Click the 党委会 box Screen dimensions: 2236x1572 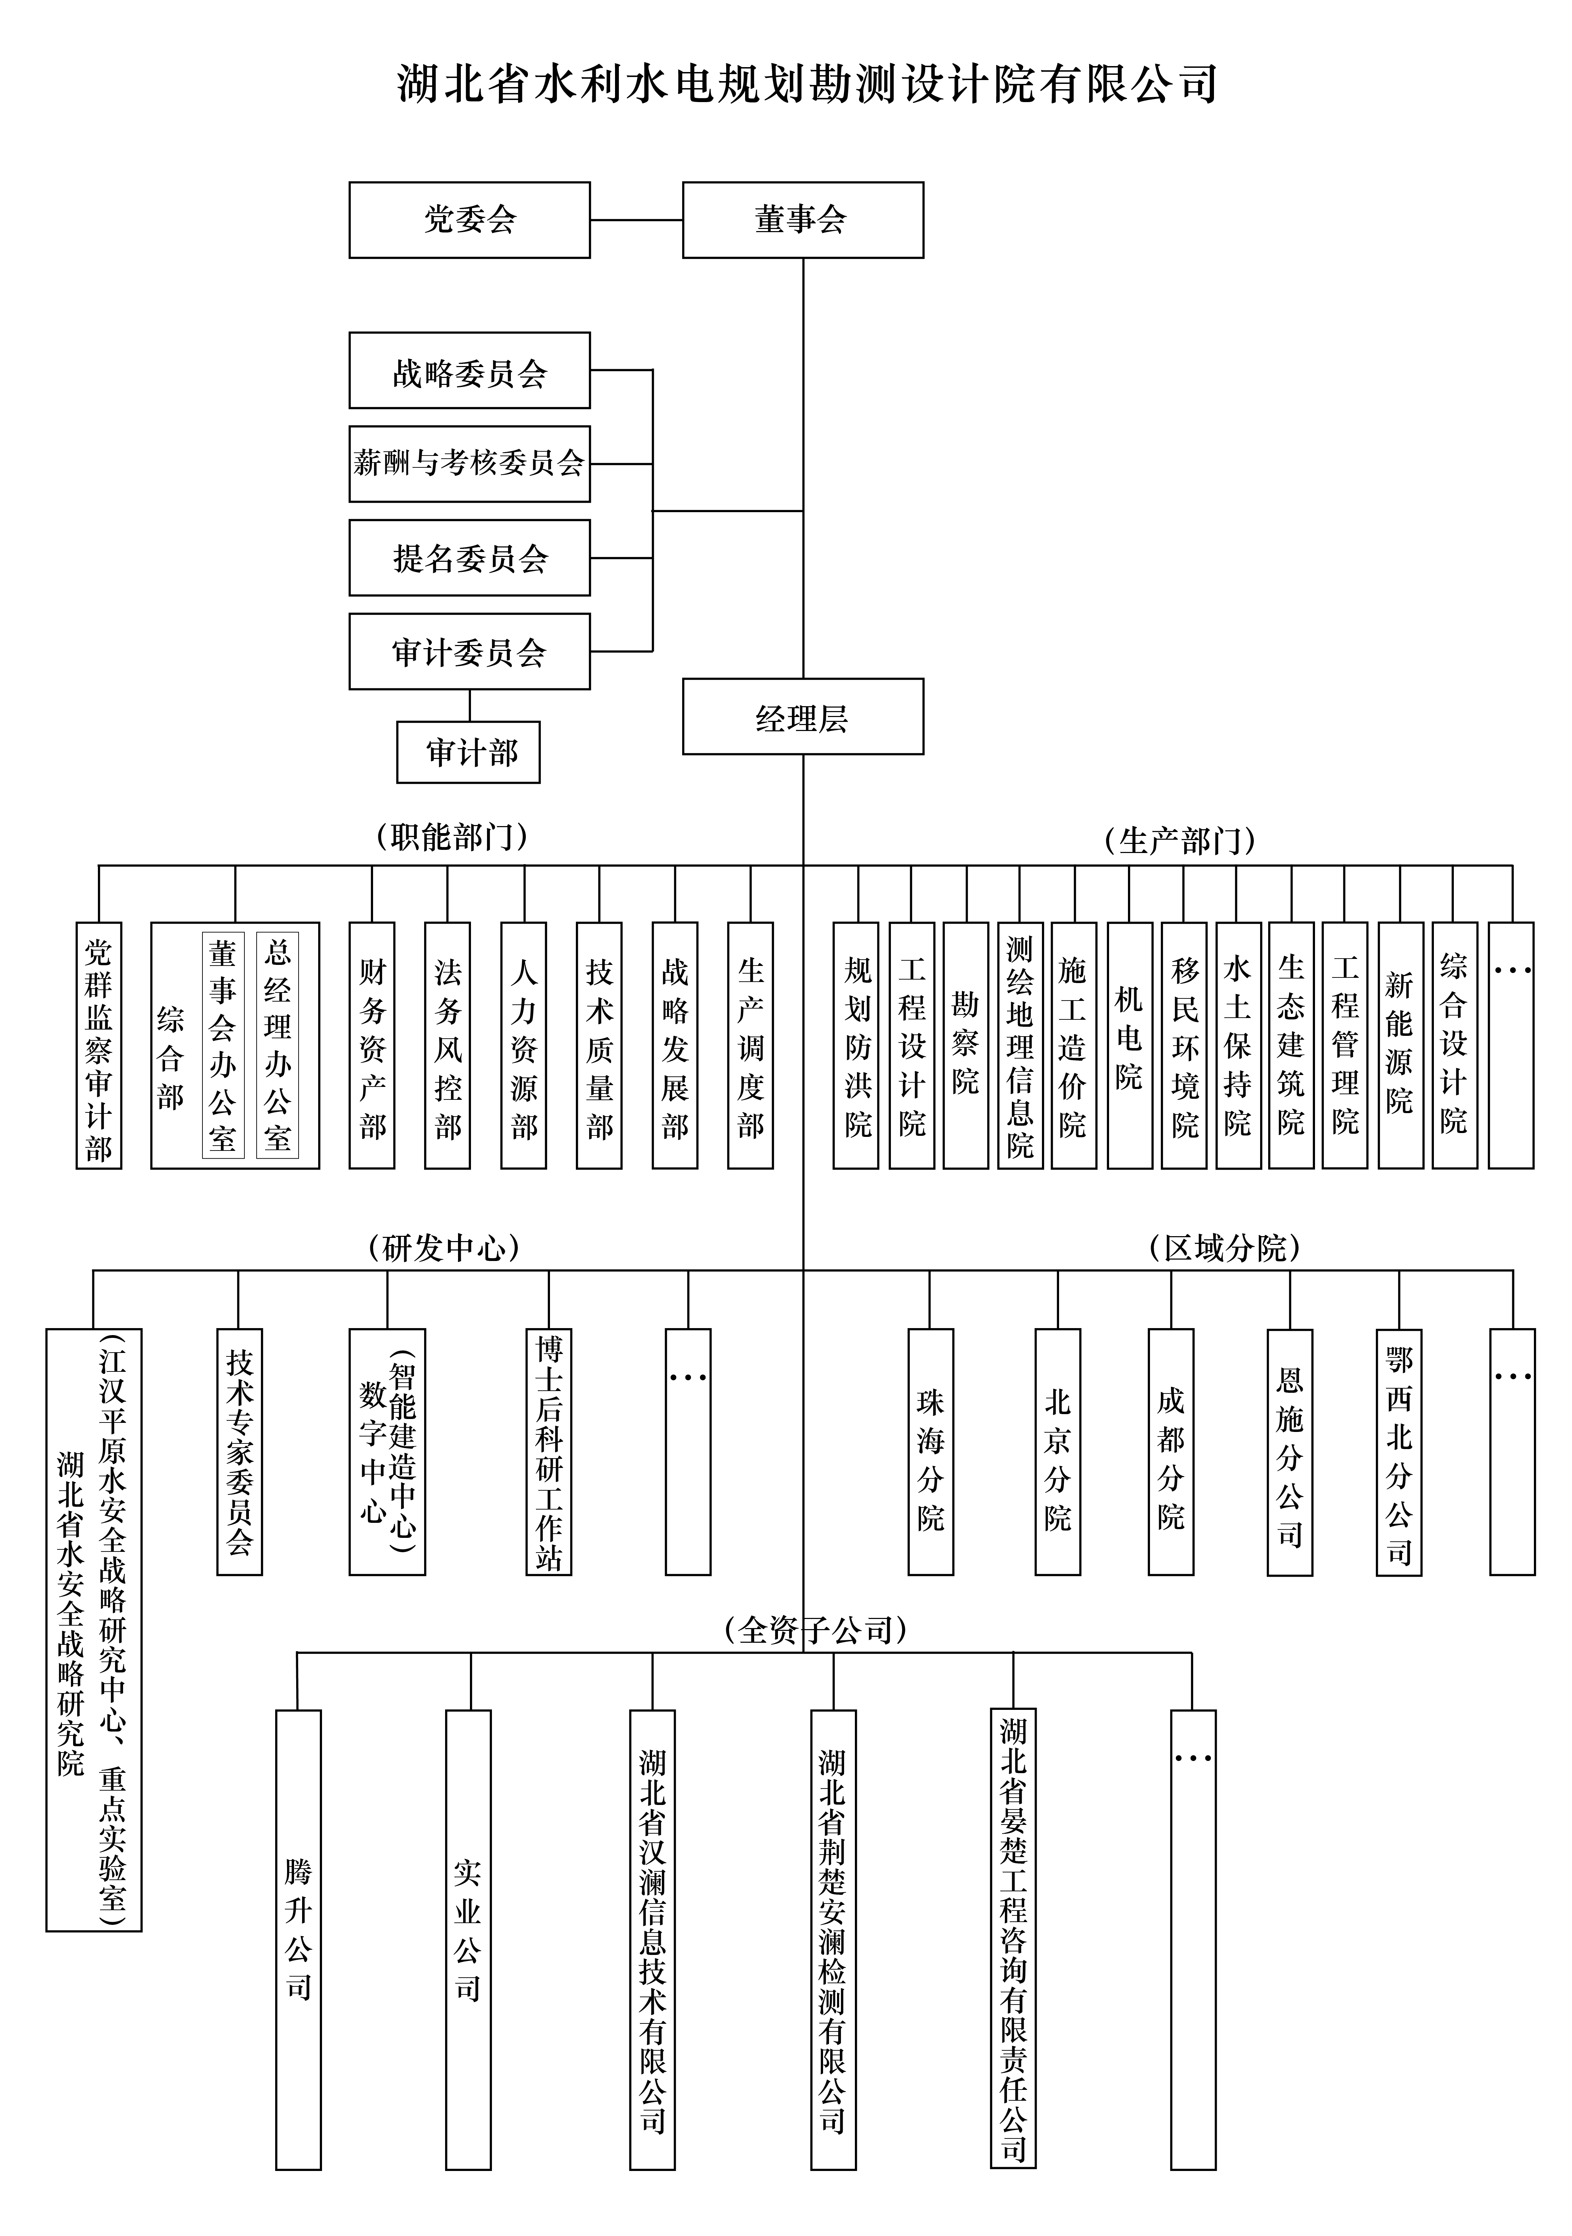coord(470,220)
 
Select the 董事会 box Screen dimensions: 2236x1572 coord(802,220)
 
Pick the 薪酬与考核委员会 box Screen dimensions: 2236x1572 coord(470,464)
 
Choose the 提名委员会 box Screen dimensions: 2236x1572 coord(470,558)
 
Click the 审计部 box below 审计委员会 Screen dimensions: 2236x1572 coord(469,752)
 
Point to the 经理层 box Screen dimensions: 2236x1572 coord(802,717)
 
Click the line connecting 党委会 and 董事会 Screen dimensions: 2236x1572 coord(636,220)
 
